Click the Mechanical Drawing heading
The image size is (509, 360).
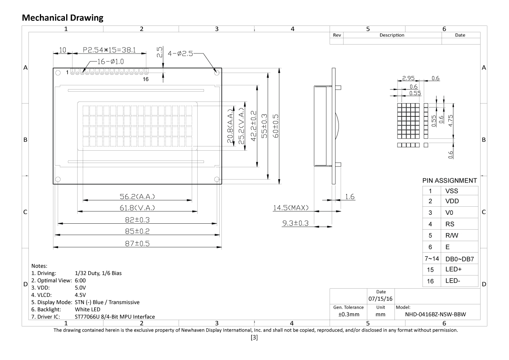pyautogui.click(x=62, y=17)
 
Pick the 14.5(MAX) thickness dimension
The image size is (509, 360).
pyautogui.click(x=291, y=208)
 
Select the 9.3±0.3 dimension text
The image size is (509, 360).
pyautogui.click(x=296, y=223)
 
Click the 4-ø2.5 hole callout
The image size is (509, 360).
pyautogui.click(x=181, y=54)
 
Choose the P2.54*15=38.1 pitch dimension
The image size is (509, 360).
pyautogui.click(x=109, y=50)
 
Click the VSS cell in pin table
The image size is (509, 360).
pyautogui.click(x=452, y=191)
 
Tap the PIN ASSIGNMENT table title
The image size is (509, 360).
pyautogui.click(x=450, y=180)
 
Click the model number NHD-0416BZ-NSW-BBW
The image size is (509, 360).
pyautogui.click(x=437, y=315)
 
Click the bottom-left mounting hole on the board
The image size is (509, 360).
pyautogui.click(x=58, y=179)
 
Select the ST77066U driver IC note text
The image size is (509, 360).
pyautogui.click(x=115, y=316)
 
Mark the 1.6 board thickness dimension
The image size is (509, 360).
pyautogui.click(x=350, y=197)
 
